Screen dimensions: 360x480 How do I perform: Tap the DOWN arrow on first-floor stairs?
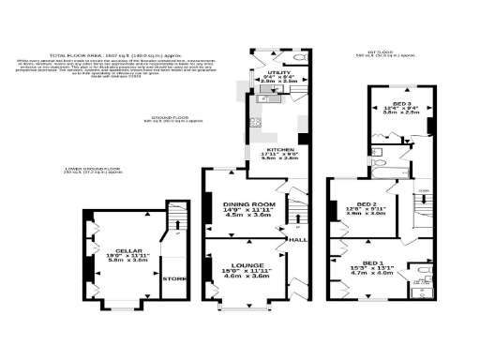(x=423, y=190)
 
